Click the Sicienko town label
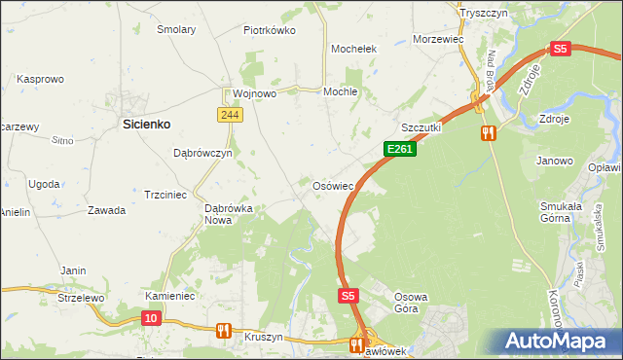(146, 124)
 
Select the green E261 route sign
(400, 149)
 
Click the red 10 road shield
(150, 317)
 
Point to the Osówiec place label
(339, 184)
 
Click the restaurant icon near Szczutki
(488, 132)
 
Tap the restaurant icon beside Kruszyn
(223, 331)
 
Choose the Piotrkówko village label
(270, 30)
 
